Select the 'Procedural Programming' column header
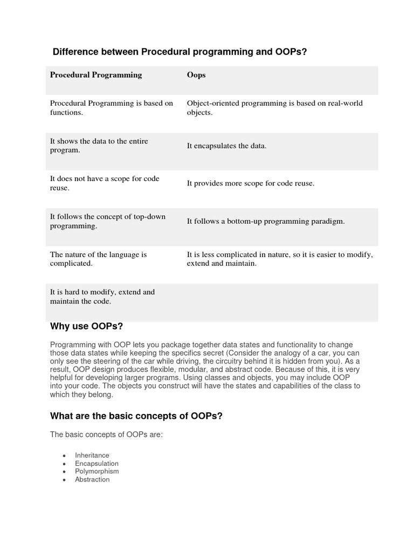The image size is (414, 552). click(96, 75)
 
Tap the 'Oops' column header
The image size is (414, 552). click(196, 75)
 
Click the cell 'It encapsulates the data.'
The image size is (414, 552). click(226, 146)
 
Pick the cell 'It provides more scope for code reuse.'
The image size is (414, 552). click(250, 183)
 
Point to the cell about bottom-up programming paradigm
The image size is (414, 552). click(265, 221)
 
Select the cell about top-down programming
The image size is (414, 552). click(108, 221)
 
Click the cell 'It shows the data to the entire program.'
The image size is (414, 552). click(99, 146)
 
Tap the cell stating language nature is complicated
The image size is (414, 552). click(99, 259)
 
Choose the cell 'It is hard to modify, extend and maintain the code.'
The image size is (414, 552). click(102, 296)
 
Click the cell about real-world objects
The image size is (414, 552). click(274, 108)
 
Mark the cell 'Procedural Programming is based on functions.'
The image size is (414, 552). click(112, 108)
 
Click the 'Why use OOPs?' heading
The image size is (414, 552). click(87, 326)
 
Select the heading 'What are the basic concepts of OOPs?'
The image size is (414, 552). click(136, 416)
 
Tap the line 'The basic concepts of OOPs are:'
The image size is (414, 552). click(106, 434)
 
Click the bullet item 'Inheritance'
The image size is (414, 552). click(92, 456)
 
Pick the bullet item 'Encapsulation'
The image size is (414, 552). click(96, 464)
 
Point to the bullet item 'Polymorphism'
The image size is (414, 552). click(97, 471)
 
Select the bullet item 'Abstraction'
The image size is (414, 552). click(92, 479)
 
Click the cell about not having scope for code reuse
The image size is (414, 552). click(105, 183)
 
